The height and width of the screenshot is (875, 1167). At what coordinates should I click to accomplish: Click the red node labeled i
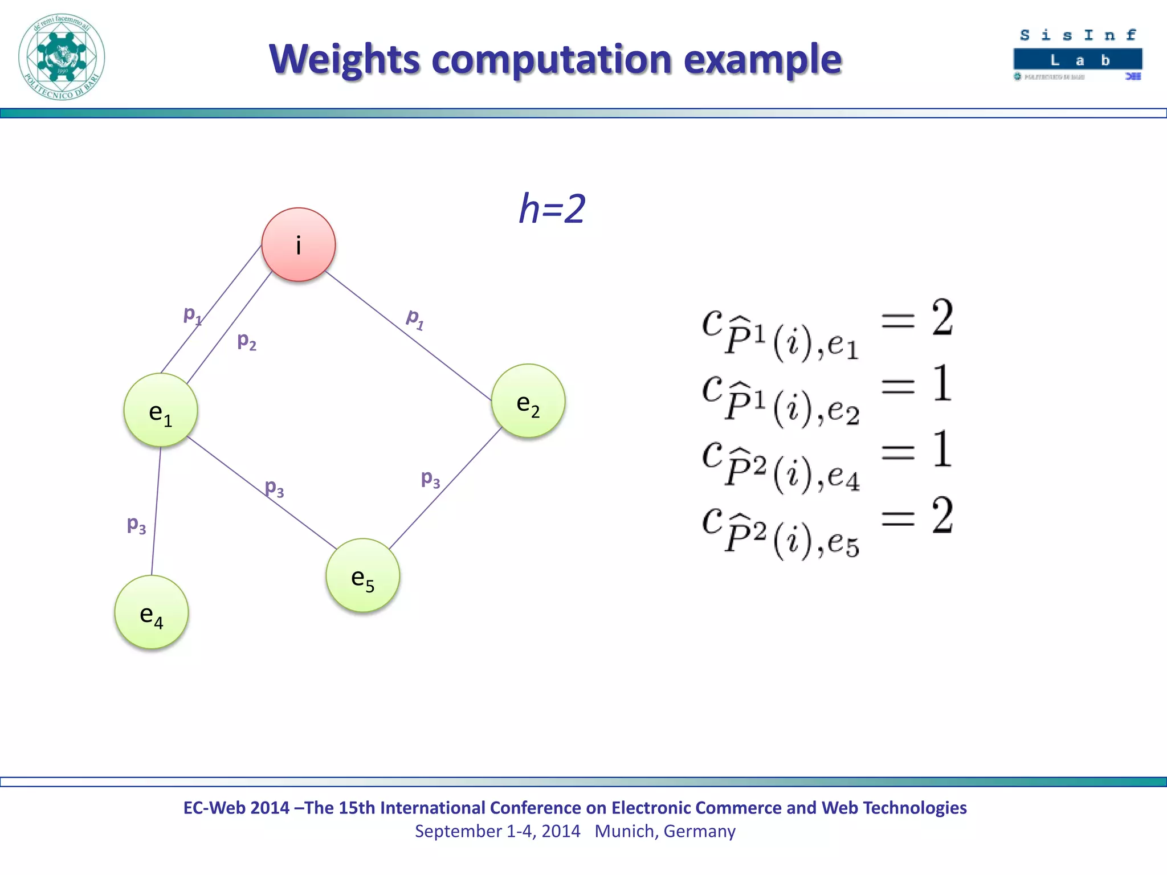point(298,245)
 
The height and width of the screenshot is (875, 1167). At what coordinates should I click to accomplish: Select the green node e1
point(161,410)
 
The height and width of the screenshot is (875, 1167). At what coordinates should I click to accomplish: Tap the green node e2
point(528,401)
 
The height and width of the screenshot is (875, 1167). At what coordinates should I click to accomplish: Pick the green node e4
point(152,612)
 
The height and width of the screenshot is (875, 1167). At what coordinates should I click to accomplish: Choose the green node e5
point(363,575)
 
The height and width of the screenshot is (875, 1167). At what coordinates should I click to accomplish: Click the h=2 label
point(552,208)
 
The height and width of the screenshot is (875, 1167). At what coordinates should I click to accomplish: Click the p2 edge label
point(247,341)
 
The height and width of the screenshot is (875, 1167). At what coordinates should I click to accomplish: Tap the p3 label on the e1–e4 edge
point(136,524)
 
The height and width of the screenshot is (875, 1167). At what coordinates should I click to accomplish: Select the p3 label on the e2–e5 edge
point(430,479)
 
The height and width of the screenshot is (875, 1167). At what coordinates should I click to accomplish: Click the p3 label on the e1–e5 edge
point(274,488)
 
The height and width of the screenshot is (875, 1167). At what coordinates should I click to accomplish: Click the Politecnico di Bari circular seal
point(62,57)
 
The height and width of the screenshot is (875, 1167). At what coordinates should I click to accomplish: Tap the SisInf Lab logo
point(1078,54)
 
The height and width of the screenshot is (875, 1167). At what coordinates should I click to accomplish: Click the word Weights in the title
point(344,59)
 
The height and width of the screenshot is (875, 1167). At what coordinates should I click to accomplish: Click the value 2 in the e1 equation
point(942,317)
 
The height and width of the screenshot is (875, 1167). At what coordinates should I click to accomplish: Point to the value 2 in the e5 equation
point(942,515)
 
